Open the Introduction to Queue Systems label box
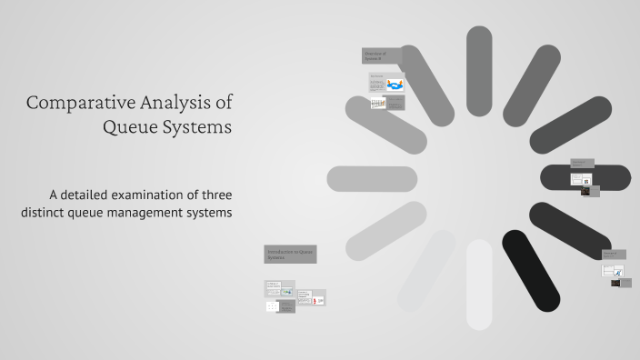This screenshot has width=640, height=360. (290, 254)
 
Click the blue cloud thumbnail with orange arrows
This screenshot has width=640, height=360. (395, 85)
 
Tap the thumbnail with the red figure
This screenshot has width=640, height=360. (317, 298)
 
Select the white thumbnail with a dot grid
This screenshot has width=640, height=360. (272, 307)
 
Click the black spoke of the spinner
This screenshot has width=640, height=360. (531, 270)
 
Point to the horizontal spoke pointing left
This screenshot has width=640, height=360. (372, 179)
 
